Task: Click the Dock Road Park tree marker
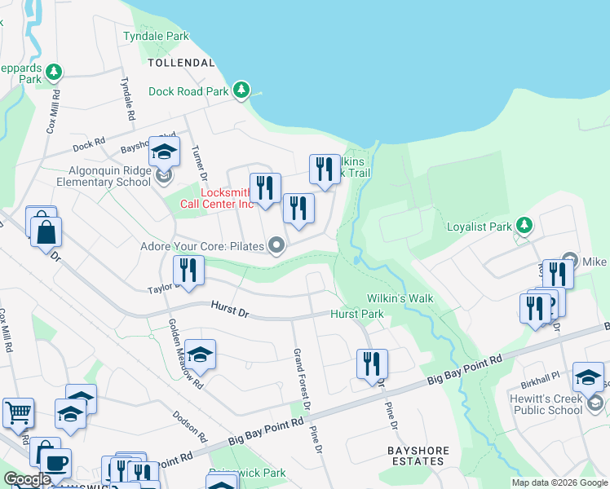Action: point(241,90)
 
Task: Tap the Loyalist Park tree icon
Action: point(524,225)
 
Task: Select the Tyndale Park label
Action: point(156,36)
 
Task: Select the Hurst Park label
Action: point(356,314)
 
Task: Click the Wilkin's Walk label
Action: point(400,299)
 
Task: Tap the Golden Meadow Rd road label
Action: point(186,342)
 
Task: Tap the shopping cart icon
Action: point(18,412)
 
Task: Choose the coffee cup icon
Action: point(55,462)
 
